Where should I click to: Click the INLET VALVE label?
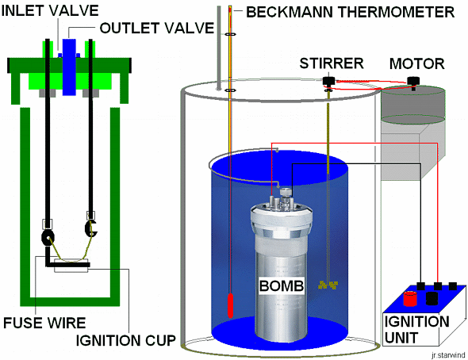50,11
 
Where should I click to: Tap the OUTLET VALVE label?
157,28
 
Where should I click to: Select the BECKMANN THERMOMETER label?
350,12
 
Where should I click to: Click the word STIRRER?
332,63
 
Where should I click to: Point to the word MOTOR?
417,63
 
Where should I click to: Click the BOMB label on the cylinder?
282,285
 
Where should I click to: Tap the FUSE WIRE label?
44,323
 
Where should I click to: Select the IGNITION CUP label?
125,340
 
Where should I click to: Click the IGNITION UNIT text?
416,330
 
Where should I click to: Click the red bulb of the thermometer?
230,305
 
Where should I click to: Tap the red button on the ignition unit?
410,299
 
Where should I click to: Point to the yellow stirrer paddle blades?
328,285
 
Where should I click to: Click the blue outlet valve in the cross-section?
69,67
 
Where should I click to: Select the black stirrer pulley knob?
329,81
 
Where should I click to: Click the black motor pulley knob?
414,81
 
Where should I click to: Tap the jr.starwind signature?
448,355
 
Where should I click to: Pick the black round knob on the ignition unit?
432,299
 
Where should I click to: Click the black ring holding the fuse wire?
48,237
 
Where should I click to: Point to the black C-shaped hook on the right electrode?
90,228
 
